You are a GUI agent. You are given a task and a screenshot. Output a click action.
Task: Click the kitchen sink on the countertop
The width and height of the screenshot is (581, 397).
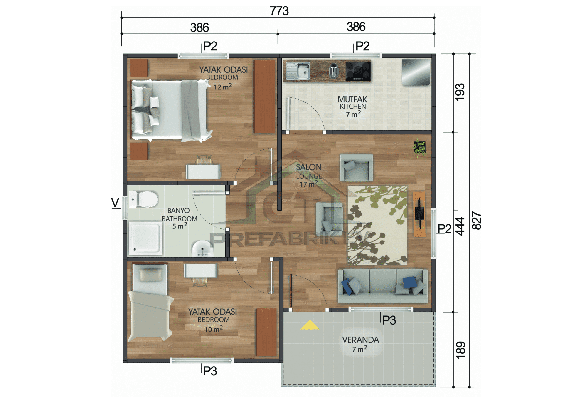[298, 71]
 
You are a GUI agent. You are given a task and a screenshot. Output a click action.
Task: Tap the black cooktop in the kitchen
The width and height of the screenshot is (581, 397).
[358, 71]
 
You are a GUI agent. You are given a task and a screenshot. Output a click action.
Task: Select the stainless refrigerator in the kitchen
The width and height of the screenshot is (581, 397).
[416, 72]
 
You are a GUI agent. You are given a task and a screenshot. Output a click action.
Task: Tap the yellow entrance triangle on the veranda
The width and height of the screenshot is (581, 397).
[310, 325]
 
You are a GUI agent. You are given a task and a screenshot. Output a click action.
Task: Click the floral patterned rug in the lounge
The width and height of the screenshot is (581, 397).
[377, 225]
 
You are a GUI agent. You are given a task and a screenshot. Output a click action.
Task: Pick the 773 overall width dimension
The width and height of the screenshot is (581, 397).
[279, 11]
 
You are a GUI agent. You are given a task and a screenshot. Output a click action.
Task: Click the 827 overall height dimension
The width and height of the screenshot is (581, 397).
[476, 220]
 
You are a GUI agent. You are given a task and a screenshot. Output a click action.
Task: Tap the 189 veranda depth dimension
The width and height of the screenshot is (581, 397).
[460, 350]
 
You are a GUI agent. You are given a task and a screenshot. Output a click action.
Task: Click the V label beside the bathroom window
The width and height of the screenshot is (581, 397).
[115, 202]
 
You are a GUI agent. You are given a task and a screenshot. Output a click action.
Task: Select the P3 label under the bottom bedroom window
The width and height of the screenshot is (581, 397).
[210, 371]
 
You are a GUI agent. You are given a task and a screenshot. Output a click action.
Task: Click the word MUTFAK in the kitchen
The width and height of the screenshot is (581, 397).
[352, 99]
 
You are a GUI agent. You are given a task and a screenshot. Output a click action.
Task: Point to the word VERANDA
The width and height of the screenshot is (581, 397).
[360, 340]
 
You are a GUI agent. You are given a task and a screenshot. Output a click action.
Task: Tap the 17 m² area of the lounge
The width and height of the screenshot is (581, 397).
[309, 184]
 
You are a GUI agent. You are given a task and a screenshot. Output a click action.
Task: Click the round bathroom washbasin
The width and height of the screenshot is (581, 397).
[202, 248]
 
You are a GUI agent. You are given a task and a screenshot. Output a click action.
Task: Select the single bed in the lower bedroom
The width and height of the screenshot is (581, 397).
[149, 303]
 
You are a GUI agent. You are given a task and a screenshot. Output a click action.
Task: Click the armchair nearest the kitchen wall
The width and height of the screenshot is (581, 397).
[356, 168]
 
